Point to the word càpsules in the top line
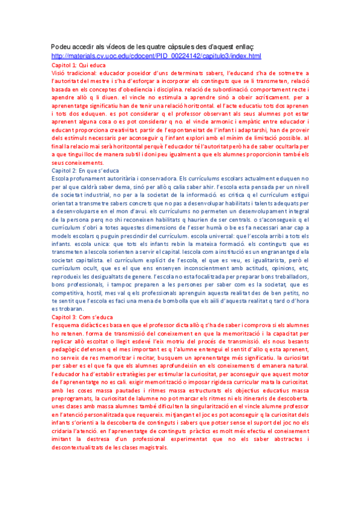pos(189,46)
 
